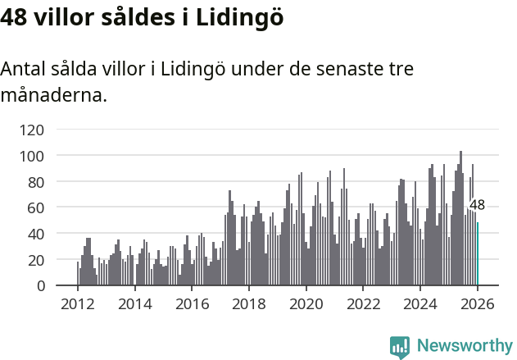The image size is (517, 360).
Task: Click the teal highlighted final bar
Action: click(x=478, y=254)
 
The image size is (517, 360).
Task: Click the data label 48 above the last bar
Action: click(x=477, y=206)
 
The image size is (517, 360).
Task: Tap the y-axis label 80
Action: click(x=36, y=182)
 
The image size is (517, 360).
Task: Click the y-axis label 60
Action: click(x=36, y=208)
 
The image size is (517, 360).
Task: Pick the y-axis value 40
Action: click(x=36, y=234)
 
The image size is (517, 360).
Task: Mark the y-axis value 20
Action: click(x=36, y=260)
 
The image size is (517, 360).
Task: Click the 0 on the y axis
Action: click(x=40, y=286)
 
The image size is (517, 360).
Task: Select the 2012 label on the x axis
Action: click(x=78, y=304)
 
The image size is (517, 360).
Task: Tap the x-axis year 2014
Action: click(x=135, y=304)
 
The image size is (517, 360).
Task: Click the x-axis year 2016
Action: click(x=193, y=304)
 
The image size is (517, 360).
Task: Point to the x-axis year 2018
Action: click(x=249, y=304)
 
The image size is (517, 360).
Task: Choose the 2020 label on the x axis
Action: click(x=306, y=304)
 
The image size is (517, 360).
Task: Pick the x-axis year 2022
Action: click(x=364, y=304)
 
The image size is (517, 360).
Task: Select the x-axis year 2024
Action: click(x=421, y=304)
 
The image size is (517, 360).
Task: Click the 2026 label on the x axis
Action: click(x=478, y=304)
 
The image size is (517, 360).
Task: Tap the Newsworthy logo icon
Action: click(x=400, y=347)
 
